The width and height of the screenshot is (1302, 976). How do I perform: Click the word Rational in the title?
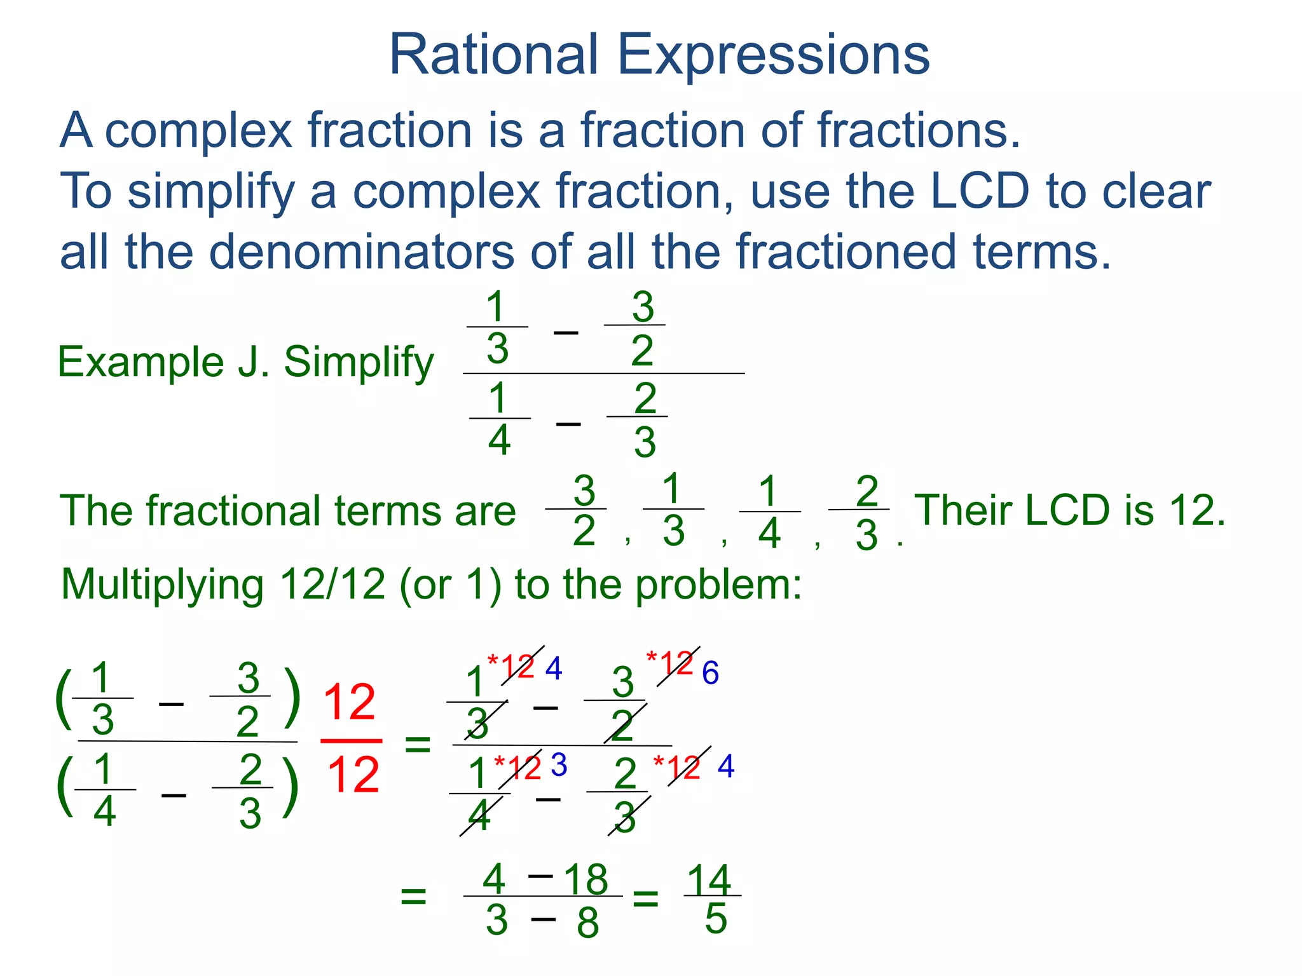[x=493, y=55]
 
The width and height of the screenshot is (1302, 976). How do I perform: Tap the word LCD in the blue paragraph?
[x=979, y=191]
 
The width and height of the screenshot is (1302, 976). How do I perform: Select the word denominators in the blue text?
[x=361, y=252]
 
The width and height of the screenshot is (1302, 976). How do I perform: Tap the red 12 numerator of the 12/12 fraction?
[x=350, y=703]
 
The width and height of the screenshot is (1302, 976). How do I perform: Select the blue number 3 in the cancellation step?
[x=559, y=765]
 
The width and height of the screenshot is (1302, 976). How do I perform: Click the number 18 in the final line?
[x=586, y=879]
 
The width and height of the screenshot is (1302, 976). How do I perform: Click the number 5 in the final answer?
[x=716, y=919]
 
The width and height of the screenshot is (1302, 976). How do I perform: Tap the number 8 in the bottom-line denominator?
[x=587, y=923]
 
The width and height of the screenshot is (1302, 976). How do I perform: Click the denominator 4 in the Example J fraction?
[x=499, y=440]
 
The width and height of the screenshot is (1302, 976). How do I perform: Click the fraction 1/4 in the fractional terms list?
[x=769, y=511]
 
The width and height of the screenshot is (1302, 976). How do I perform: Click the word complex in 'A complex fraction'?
[x=198, y=130]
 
